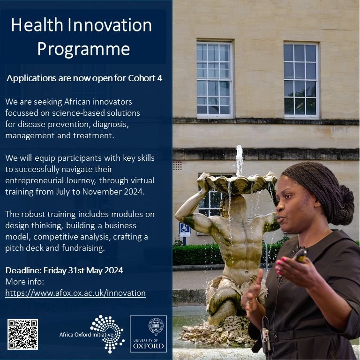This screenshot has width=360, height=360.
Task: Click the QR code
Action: point(22,334)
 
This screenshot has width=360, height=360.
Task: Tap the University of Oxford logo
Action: point(148,333)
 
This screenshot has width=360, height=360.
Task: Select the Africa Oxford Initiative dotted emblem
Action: point(107,332)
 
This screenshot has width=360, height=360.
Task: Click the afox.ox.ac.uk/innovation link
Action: point(75,293)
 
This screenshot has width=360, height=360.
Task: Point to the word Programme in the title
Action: point(83,48)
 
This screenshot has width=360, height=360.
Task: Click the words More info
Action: point(24,282)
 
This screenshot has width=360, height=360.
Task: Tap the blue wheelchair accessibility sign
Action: point(185,229)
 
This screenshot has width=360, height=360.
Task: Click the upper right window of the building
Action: point(301,79)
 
